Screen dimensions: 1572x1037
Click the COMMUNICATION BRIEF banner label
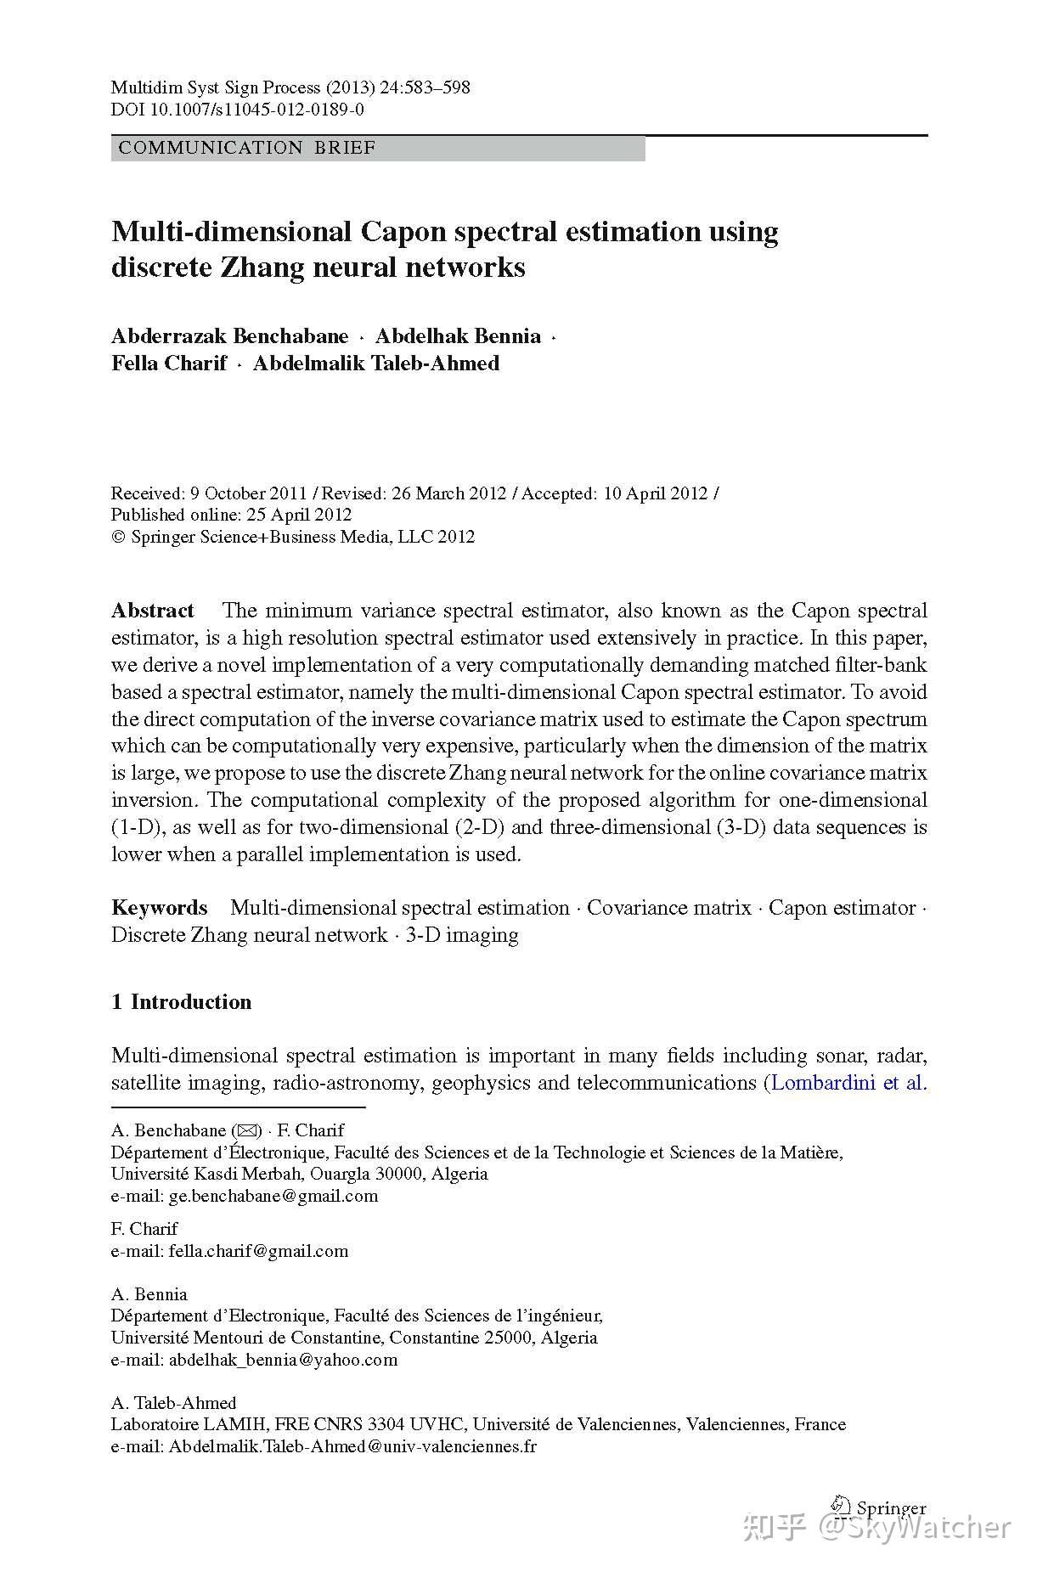pos(247,148)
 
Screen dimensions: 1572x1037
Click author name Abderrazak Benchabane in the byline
pos(230,336)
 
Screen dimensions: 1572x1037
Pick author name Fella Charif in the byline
pos(169,363)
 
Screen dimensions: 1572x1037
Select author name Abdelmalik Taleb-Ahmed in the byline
pos(376,363)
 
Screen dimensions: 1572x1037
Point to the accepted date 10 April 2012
pos(655,493)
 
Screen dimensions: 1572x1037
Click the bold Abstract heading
pos(153,611)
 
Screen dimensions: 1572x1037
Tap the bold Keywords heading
pos(160,908)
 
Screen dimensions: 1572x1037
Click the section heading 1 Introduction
pos(181,1002)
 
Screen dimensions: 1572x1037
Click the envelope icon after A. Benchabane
pos(246,1130)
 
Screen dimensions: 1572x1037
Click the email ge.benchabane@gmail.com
pos(273,1196)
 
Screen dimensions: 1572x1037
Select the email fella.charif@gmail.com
pos(258,1251)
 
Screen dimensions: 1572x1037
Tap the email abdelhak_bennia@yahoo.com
pos(283,1360)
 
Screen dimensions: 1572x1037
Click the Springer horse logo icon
pos(841,1506)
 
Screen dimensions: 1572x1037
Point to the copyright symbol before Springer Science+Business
pos(118,538)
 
